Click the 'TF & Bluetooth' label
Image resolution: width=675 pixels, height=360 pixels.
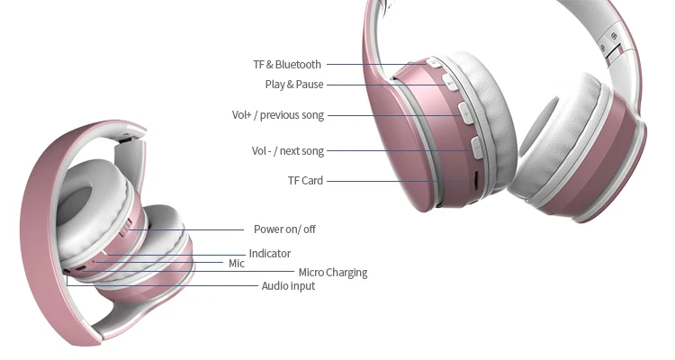coord(286,65)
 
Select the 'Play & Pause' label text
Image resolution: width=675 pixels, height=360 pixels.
coord(293,85)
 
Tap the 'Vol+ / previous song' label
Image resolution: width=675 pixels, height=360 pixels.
coord(277,115)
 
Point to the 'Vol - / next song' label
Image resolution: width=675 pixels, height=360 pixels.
coord(287,151)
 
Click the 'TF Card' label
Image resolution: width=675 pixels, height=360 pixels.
coord(305,181)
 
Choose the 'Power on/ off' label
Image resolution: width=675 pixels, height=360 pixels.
coord(284,229)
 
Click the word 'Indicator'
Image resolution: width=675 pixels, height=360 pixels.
coord(270,254)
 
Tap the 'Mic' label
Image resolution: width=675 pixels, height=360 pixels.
coord(236,264)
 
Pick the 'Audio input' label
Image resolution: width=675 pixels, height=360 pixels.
coord(288,286)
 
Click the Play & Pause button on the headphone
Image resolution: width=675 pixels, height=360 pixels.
coord(450,84)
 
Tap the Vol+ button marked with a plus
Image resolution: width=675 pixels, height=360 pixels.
coord(466,112)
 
